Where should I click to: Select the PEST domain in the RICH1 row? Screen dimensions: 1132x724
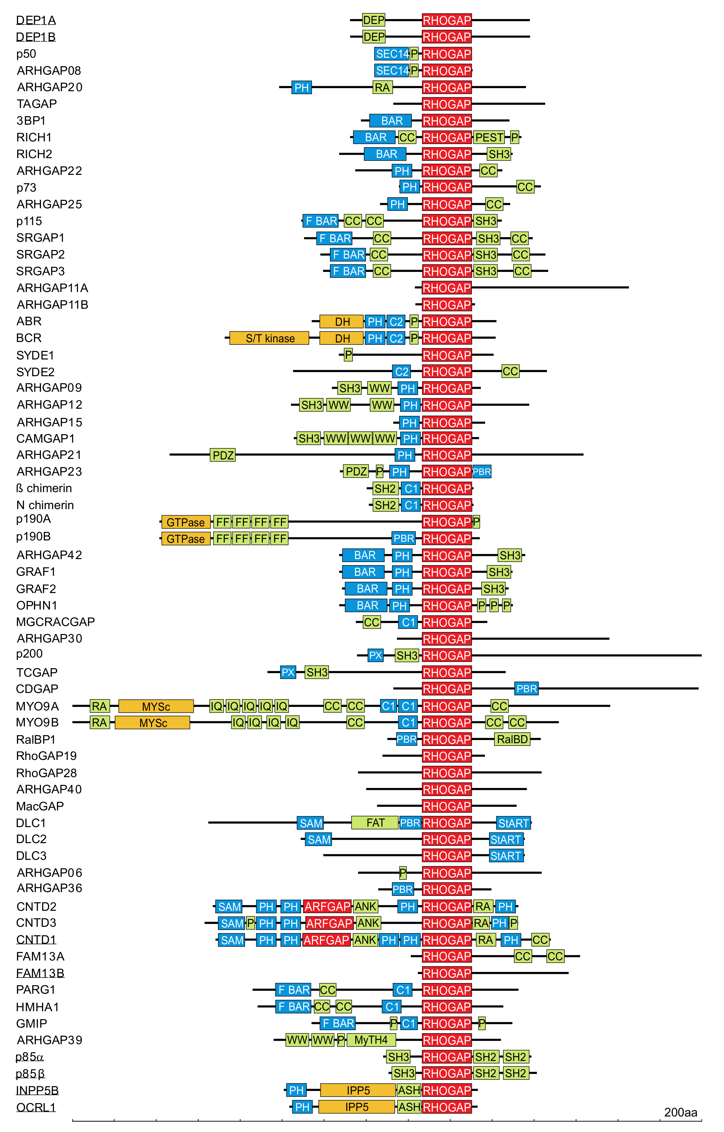pyautogui.click(x=489, y=137)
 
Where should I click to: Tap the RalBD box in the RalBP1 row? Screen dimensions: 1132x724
pyautogui.click(x=512, y=739)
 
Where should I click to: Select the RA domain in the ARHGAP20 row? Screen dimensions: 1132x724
pyautogui.click(x=382, y=88)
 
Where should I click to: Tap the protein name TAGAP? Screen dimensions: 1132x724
pyautogui.click(x=37, y=104)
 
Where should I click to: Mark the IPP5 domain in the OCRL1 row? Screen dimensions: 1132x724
pyautogui.click(x=356, y=1107)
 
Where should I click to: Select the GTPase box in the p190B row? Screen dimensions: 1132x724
pyautogui.click(x=186, y=539)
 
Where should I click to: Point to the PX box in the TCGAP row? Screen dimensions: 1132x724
pyautogui.click(x=288, y=673)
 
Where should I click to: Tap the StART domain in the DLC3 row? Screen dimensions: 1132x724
pyautogui.click(x=506, y=856)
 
